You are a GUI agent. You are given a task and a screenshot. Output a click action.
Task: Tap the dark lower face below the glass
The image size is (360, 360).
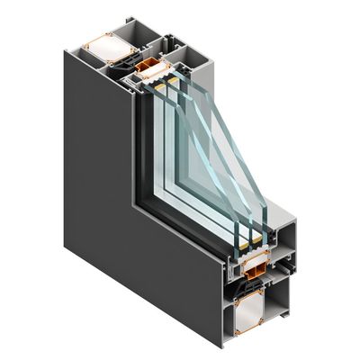[180, 270]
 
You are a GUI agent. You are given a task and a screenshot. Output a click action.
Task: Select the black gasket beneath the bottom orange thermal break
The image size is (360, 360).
[256, 281]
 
